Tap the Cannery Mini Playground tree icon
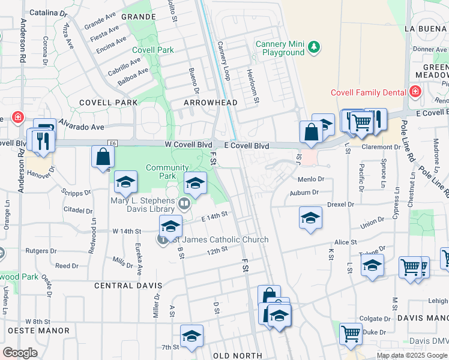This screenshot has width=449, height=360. (313, 46)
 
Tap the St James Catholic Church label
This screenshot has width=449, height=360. (218, 240)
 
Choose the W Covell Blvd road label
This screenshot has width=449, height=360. (189, 145)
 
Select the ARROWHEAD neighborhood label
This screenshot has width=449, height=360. (211, 103)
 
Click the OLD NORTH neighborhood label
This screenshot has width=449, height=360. (238, 356)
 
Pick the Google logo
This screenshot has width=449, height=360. (20, 353)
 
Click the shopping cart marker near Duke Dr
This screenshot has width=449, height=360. (351, 333)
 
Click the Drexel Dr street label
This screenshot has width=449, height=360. (340, 205)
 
